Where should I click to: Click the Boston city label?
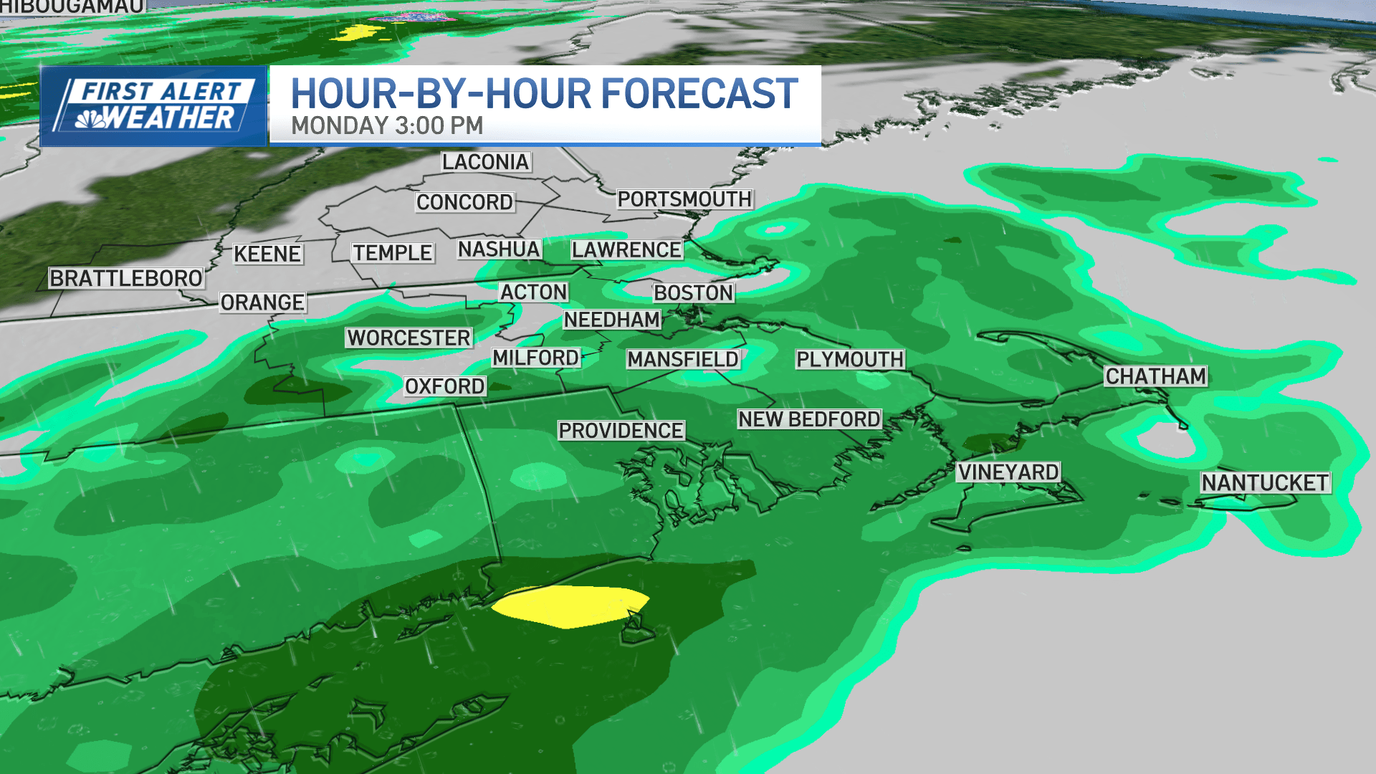tap(693, 292)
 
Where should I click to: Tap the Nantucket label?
tap(1265, 482)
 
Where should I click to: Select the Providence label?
tap(621, 430)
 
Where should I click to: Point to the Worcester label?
tap(408, 338)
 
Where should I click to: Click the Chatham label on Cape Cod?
tap(1155, 376)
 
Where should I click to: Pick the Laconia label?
tap(485, 161)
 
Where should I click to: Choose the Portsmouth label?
tap(684, 199)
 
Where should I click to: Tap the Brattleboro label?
tap(125, 278)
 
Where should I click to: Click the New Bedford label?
tap(809, 419)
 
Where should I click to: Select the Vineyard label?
tap(1008, 472)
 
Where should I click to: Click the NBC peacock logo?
tap(91, 119)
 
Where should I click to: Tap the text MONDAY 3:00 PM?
tap(387, 125)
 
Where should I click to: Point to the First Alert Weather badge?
tap(153, 106)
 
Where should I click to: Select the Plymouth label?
tap(850, 359)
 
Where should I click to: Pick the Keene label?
tap(267, 254)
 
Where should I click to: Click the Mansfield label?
tap(683, 359)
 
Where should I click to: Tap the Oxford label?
tap(444, 386)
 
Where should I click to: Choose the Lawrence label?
tap(626, 249)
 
